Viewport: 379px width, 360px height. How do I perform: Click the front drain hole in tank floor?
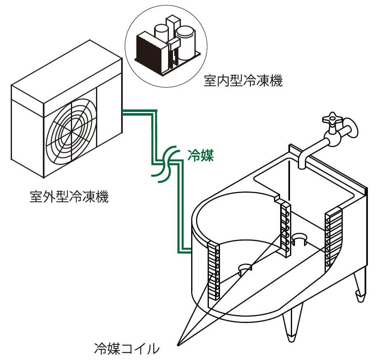(245, 269)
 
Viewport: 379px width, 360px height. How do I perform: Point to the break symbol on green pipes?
(165, 163)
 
